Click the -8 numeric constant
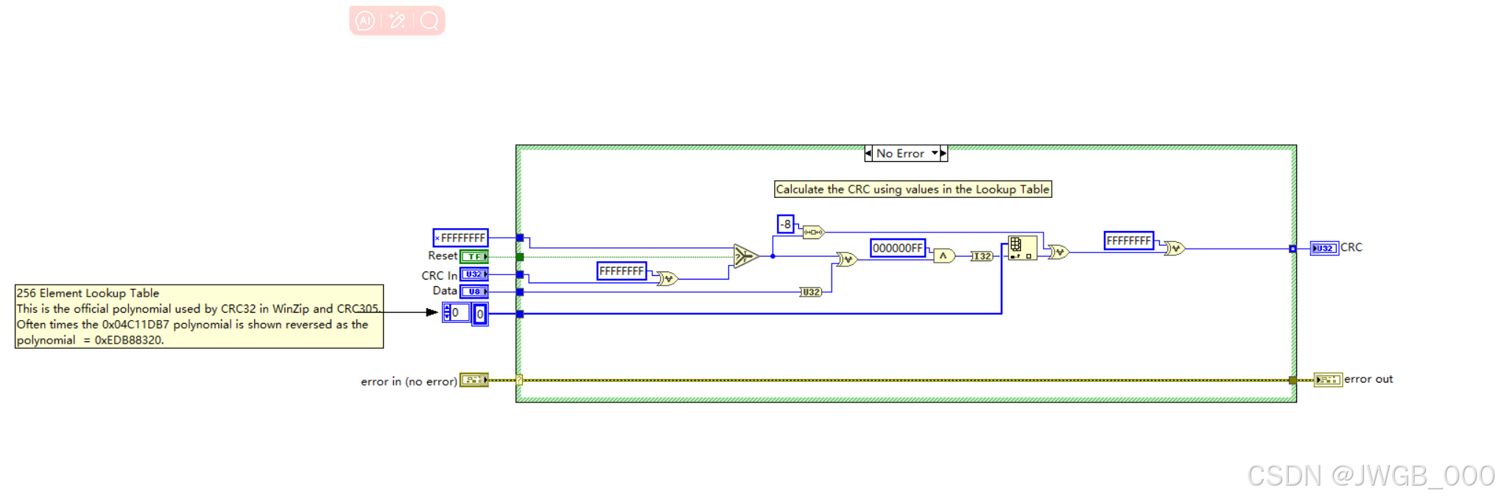pyautogui.click(x=785, y=224)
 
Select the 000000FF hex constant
pyautogui.click(x=897, y=248)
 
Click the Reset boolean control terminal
pyautogui.click(x=474, y=257)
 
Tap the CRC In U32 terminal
pyautogui.click(x=474, y=274)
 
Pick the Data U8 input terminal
pyautogui.click(x=474, y=291)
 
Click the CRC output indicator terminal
pyautogui.click(x=1324, y=248)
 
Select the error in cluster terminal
pyautogui.click(x=474, y=380)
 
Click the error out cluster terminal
pyautogui.click(x=1327, y=380)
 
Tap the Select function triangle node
pyautogui.click(x=745, y=256)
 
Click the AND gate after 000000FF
pyautogui.click(x=943, y=256)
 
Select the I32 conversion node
pyautogui.click(x=981, y=256)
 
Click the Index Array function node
pyautogui.click(x=1021, y=248)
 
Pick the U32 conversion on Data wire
pyautogui.click(x=810, y=292)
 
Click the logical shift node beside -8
pyautogui.click(x=813, y=232)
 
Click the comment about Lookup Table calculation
pyautogui.click(x=912, y=189)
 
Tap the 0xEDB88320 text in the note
pyautogui.click(x=129, y=340)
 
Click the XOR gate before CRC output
pyautogui.click(x=1174, y=249)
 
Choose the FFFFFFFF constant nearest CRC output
pyautogui.click(x=1128, y=241)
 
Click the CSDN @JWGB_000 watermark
pyautogui.click(x=1370, y=476)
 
